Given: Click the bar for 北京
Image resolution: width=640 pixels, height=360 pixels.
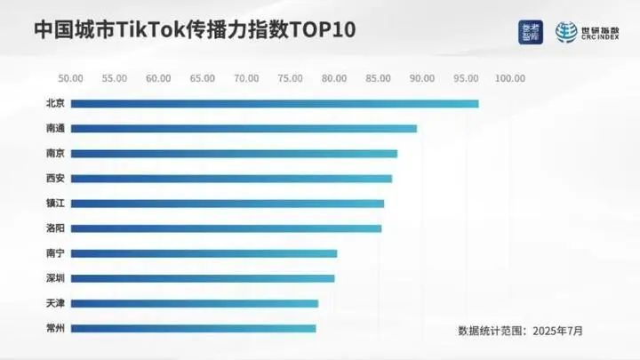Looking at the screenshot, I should pos(274,104).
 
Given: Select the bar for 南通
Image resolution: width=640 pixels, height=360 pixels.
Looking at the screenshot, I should pos(244,129).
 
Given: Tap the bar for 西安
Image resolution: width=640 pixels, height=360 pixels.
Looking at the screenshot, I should pos(231,179).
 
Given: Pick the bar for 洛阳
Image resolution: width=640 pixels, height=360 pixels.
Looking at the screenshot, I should pos(226,228).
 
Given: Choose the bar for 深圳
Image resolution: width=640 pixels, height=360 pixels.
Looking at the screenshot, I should pos(203,278).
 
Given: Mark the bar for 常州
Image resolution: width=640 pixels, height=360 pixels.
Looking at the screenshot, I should pos(193,328).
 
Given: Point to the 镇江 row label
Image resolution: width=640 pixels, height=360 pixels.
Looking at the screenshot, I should pos(55,204).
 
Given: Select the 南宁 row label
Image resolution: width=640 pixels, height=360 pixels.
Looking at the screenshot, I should pos(55,253).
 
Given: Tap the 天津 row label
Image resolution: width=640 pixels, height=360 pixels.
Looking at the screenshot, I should pos(55,303).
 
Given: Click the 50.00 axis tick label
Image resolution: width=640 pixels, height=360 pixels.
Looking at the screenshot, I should pos(70,78).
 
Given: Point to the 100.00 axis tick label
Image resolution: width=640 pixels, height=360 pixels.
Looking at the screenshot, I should pos(510,78).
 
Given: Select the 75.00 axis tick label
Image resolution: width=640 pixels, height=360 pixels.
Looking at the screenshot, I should pos(291,78).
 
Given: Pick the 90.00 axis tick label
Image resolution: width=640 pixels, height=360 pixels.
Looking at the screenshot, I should pos(422,78).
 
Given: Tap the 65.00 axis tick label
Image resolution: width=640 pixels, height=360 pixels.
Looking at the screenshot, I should pos(203,78).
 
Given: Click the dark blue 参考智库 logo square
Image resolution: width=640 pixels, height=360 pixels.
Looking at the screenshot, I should pos(531,32).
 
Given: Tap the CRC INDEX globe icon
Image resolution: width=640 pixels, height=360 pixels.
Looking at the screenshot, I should pos(567,32).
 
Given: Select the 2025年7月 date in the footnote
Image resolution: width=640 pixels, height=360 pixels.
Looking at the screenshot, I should pos(558,331).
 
